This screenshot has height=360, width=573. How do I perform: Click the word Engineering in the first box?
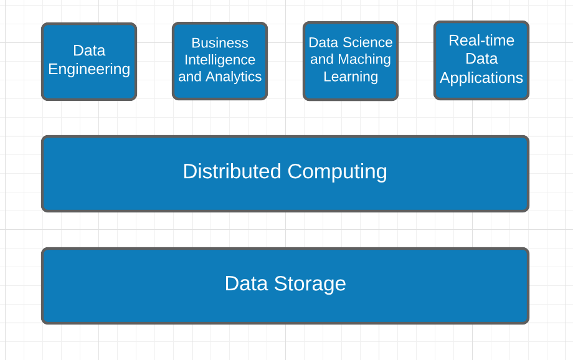[89, 69]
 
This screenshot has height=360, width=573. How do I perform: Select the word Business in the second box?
[220, 43]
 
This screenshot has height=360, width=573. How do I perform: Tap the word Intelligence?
[220, 60]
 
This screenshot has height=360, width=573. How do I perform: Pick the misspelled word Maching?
[364, 59]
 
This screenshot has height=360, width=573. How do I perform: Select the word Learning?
[351, 77]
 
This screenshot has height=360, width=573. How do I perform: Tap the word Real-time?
[481, 40]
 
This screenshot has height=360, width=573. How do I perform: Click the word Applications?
[481, 78]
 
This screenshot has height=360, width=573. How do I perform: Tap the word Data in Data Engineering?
[89, 50]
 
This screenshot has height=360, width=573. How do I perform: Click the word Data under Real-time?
[481, 59]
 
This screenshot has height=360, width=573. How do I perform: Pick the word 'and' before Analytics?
[189, 77]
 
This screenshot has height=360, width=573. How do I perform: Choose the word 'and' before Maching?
[321, 59]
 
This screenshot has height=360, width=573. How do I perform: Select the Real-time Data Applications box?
[481, 92]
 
